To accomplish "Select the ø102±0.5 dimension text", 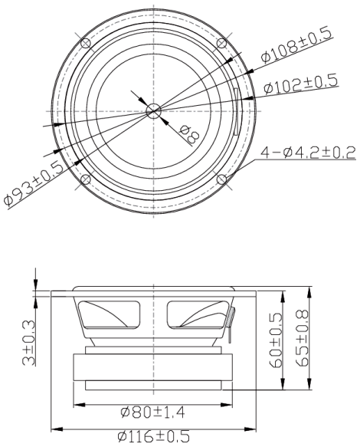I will pos(300,85).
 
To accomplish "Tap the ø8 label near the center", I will pos(188,135).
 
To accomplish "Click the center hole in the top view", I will pos(153,111).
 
